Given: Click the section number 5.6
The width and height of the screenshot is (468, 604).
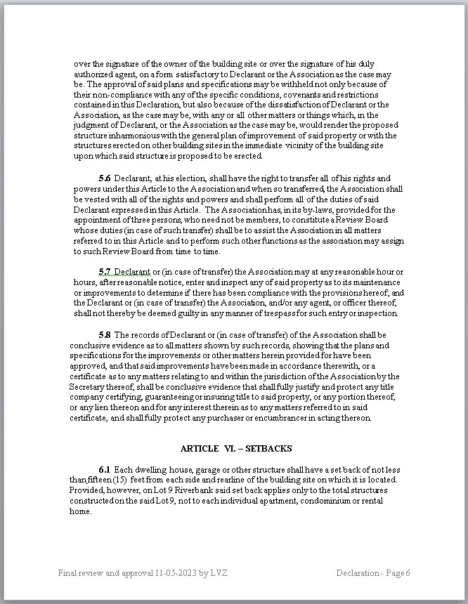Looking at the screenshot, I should coord(105,178).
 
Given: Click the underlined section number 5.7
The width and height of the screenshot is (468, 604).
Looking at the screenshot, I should coord(105,272).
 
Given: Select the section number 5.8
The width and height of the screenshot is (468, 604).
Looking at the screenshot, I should coord(105,335).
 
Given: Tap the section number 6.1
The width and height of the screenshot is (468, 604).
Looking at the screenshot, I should coord(105,468).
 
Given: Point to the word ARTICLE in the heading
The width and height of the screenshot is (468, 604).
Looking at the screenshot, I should coord(200,448).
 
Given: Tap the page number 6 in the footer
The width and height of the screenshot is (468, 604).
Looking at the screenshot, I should coord(407,573).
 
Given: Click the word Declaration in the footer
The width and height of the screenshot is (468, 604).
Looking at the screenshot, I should coord(358,573).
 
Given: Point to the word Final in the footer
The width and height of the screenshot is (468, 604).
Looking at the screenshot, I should coord(69,573).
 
